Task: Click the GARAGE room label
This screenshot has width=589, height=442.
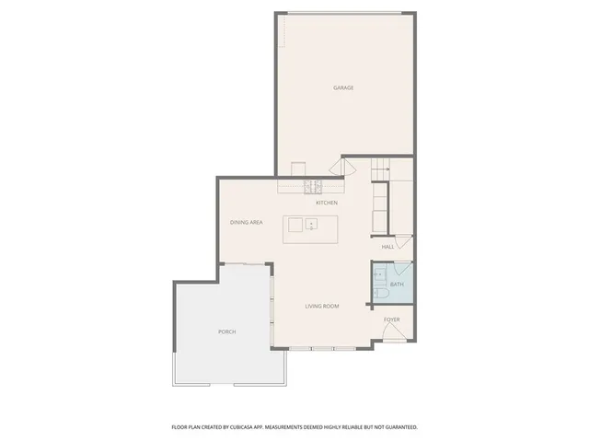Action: (x=343, y=88)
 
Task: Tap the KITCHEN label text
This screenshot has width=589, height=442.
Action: (x=327, y=203)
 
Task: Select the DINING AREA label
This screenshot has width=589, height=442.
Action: (x=247, y=223)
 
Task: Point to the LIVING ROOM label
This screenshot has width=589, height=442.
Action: (x=322, y=306)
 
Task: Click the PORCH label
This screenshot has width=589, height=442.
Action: (x=227, y=331)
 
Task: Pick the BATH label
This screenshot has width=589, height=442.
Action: (x=397, y=285)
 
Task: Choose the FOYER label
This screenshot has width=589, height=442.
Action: (x=392, y=320)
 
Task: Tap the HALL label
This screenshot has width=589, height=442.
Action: (x=387, y=247)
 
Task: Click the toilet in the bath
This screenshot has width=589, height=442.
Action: (x=379, y=295)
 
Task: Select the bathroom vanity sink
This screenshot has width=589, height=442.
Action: (x=378, y=273)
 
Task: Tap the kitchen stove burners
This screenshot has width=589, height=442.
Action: (x=312, y=187)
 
